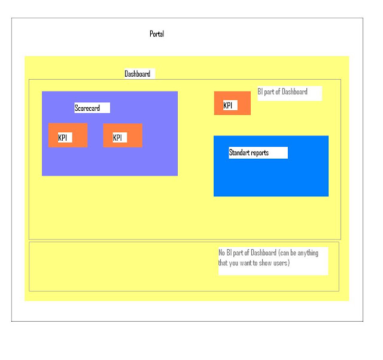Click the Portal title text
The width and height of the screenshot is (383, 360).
157,34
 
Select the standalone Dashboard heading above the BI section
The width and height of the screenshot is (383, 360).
137,74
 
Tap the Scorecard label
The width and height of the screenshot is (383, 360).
87,108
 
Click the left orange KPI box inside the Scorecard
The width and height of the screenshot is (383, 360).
68,135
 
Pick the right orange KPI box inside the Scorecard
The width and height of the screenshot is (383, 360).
123,135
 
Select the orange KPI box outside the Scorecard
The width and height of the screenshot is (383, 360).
232,103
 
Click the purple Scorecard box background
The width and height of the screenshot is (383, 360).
110,161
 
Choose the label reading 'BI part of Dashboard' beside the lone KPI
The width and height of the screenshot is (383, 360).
282,92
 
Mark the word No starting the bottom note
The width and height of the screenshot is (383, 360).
221,252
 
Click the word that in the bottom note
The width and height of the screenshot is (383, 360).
223,263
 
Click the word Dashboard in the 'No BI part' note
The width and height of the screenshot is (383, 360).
263,252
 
